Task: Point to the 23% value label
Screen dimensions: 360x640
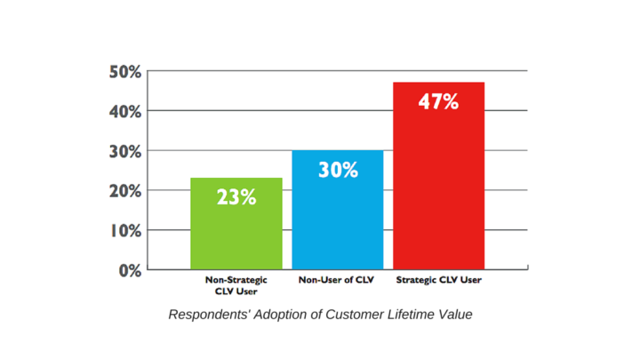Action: (236, 197)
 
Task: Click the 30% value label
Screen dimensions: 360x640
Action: (338, 169)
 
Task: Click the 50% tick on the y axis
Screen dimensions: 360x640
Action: (125, 72)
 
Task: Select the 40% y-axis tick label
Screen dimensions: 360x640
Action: (125, 112)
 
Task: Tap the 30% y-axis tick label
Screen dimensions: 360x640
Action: (125, 152)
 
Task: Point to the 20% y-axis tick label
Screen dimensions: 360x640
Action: (125, 191)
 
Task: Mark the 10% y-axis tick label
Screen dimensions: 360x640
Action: (125, 231)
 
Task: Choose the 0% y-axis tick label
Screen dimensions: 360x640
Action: (130, 270)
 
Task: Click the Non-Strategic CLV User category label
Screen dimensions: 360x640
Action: (236, 284)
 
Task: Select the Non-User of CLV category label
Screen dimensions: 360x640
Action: (338, 280)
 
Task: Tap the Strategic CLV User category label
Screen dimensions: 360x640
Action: (439, 280)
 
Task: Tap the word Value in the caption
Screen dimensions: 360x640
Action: (454, 315)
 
